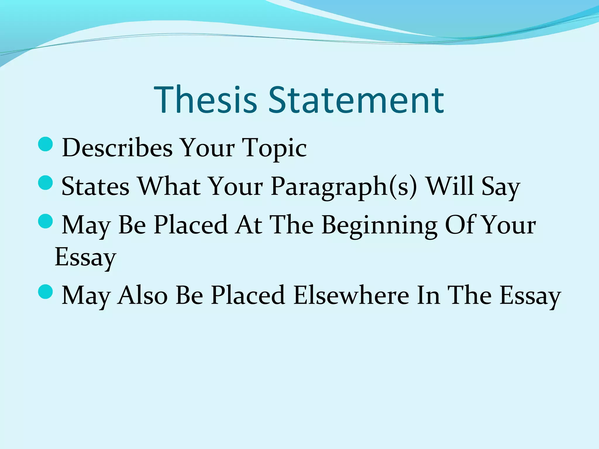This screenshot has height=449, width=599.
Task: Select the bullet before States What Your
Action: click(45, 183)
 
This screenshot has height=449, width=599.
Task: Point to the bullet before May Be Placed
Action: click(45, 221)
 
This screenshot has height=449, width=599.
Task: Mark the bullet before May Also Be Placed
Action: click(45, 291)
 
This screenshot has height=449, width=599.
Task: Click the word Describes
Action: click(117, 148)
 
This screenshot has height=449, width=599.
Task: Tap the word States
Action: click(95, 186)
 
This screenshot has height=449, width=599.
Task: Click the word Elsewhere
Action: click(351, 295)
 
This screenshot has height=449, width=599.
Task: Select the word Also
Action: click(142, 295)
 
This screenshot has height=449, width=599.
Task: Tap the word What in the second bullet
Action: click(169, 186)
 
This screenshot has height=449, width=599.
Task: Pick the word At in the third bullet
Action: click(249, 225)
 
